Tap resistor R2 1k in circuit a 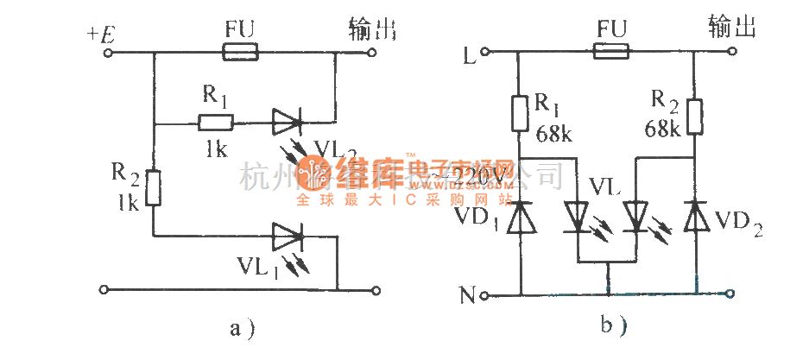pyautogui.click(x=153, y=187)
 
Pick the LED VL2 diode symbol pyautogui.click(x=286, y=123)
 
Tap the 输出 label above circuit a pyautogui.click(x=371, y=31)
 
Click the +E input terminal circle pyautogui.click(x=110, y=54)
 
